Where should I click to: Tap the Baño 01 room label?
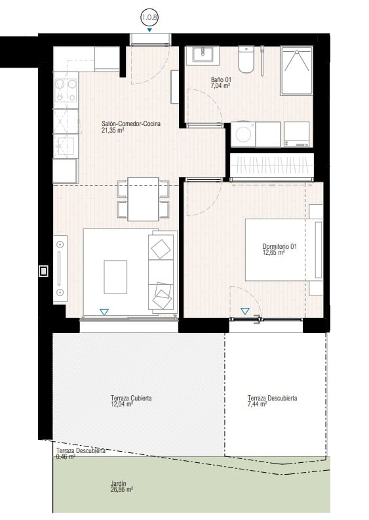(x=220, y=82)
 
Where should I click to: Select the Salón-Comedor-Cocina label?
(x=131, y=127)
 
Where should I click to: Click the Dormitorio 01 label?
(x=280, y=249)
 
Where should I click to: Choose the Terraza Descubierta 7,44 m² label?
(x=272, y=401)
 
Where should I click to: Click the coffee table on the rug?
(x=115, y=276)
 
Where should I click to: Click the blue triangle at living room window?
(x=104, y=312)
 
